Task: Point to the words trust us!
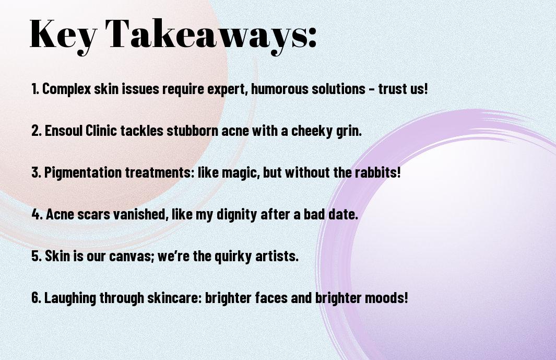tap(403, 89)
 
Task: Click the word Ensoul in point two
tap(64, 131)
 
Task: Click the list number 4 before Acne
tap(35, 214)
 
